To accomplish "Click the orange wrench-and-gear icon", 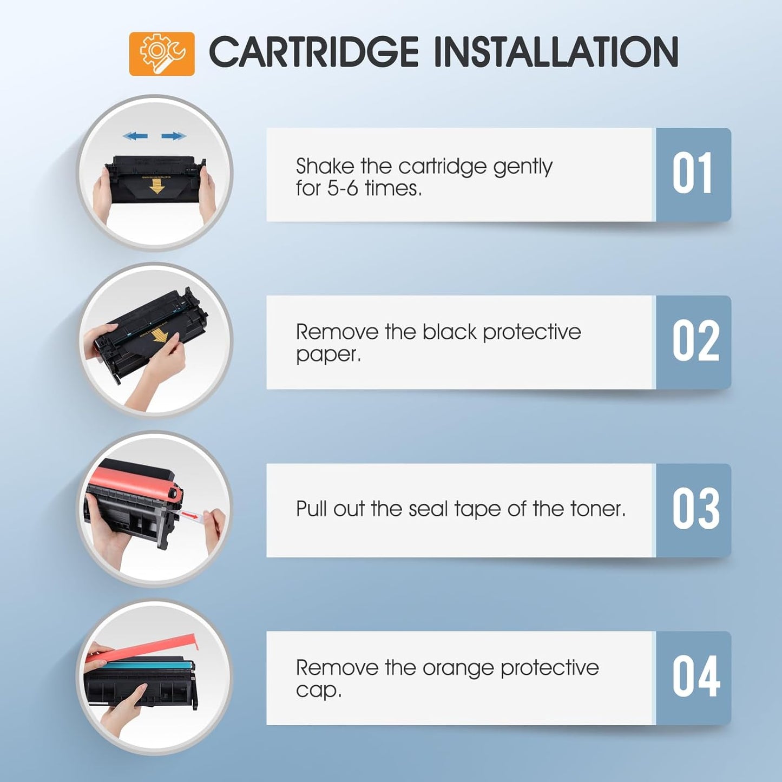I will click(x=161, y=54).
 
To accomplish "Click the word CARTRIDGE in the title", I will click(x=313, y=52).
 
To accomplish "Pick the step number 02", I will click(x=695, y=341).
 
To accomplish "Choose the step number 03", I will click(x=695, y=509).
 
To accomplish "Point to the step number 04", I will click(x=695, y=677).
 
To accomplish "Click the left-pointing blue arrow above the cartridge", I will click(x=135, y=136).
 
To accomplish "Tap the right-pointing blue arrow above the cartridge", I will click(x=174, y=136).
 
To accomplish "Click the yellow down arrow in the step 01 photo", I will click(x=157, y=186).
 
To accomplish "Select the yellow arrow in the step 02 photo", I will click(x=159, y=335).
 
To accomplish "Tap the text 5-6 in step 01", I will click(x=342, y=188).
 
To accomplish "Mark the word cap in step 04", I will click(x=318, y=690).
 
